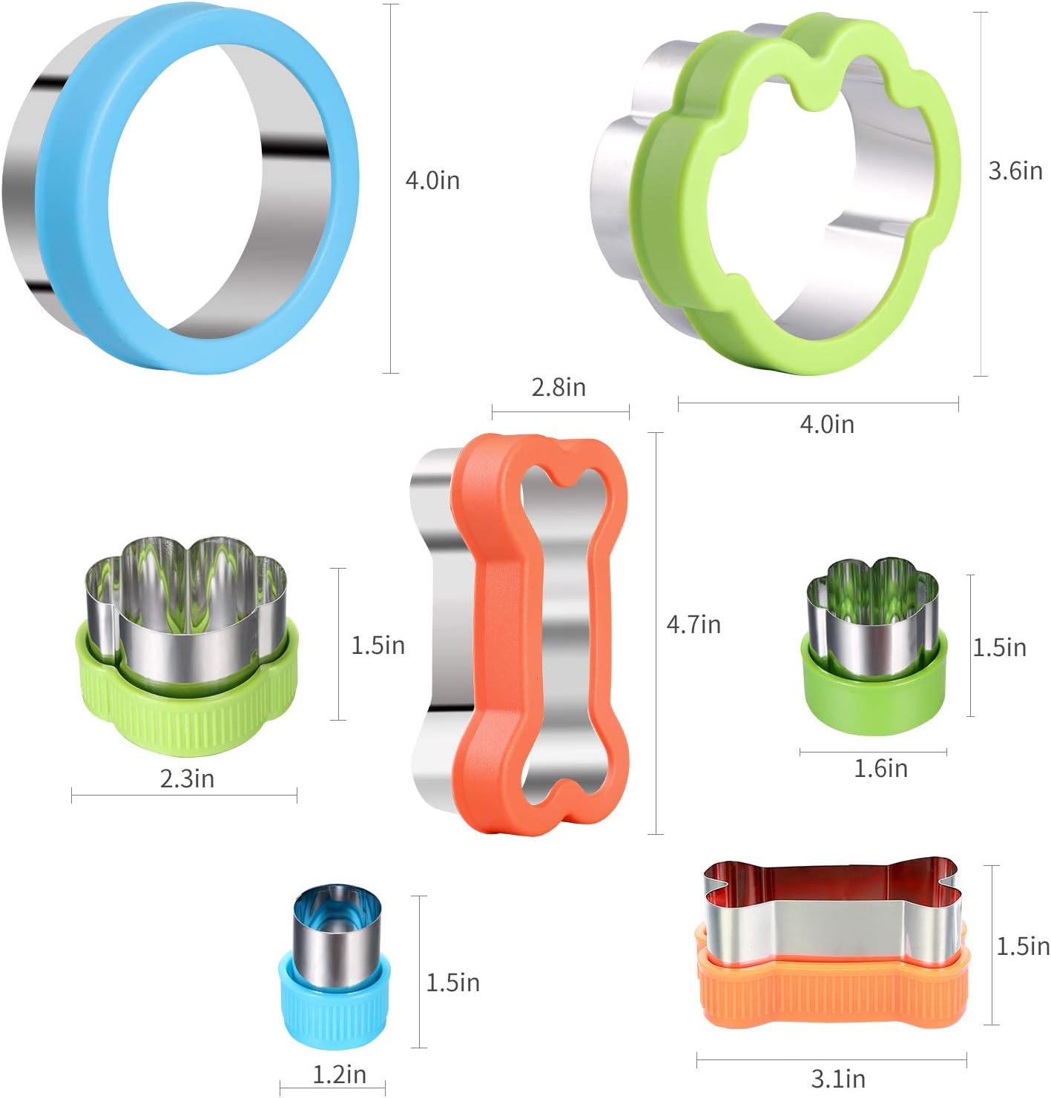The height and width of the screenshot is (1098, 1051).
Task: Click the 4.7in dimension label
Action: pyautogui.click(x=693, y=624)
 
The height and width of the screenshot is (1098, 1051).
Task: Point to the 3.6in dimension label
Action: pyautogui.click(x=1015, y=171)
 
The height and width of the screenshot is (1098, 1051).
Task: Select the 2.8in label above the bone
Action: pyautogui.click(x=559, y=387)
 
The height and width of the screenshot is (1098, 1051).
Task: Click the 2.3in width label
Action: pyautogui.click(x=187, y=778)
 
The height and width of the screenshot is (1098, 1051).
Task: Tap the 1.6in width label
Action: pyautogui.click(x=880, y=768)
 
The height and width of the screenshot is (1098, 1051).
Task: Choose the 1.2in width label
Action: pyautogui.click(x=339, y=1074)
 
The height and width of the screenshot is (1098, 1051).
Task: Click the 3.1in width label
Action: pyautogui.click(x=837, y=1079)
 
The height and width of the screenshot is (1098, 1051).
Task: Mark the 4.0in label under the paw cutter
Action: pyautogui.click(x=826, y=424)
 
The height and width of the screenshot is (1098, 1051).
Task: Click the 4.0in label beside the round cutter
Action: pyautogui.click(x=432, y=180)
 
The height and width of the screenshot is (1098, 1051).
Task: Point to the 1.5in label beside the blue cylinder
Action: pyautogui.click(x=452, y=982)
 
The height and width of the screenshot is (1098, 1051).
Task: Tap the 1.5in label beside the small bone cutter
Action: pyautogui.click(x=1022, y=946)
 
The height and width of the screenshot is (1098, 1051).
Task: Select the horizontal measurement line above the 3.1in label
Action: pyautogui.click(x=831, y=1061)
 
